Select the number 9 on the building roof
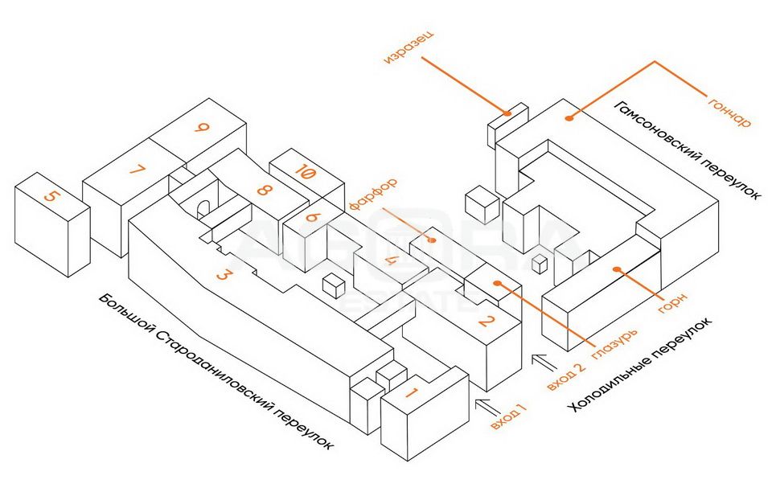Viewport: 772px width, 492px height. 202,127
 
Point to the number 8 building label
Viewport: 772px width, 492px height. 262,191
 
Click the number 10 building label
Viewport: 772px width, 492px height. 304,171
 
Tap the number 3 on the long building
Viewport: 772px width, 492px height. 225,275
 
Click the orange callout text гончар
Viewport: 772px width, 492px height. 729,112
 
